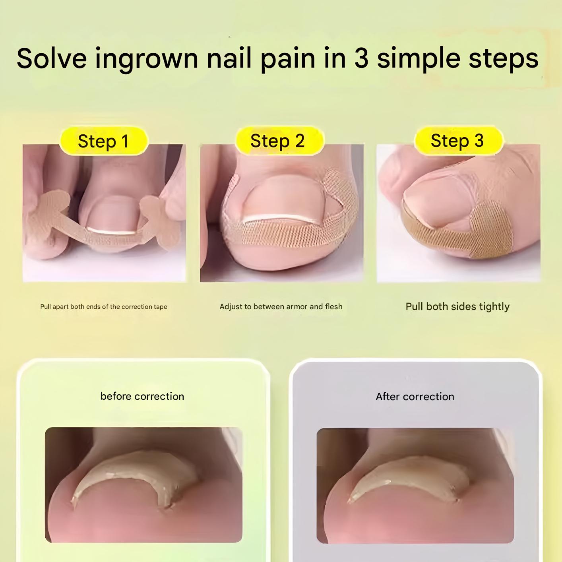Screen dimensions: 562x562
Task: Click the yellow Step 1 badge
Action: (x=103, y=141)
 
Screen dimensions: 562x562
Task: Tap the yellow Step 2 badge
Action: (x=278, y=141)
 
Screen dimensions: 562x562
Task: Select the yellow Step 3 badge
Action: (x=457, y=141)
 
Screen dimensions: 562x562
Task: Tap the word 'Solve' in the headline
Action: (x=52, y=58)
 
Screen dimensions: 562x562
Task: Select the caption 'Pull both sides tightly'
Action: (x=457, y=306)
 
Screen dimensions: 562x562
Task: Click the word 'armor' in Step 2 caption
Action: (x=296, y=306)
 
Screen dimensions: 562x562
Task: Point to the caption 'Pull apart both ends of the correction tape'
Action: (x=104, y=306)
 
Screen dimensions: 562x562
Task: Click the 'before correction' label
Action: (x=142, y=396)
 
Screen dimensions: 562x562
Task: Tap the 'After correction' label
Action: (x=415, y=396)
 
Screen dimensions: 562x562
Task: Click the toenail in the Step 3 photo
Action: (x=433, y=203)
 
